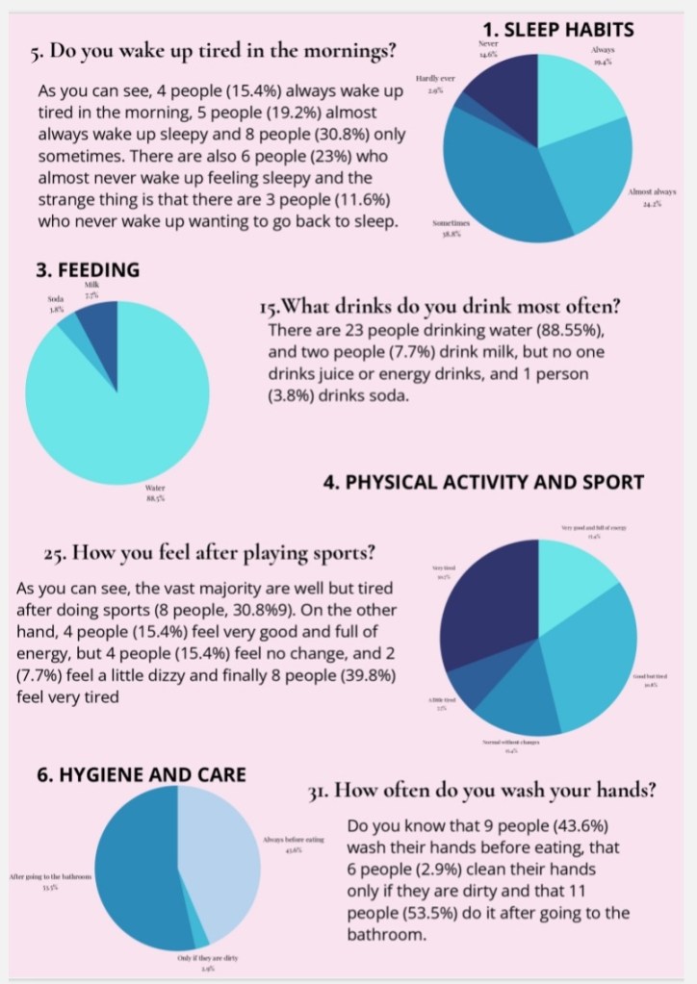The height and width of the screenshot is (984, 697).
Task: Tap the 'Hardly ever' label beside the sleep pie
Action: tap(434, 82)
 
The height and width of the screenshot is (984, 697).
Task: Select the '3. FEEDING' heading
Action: tap(88, 270)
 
